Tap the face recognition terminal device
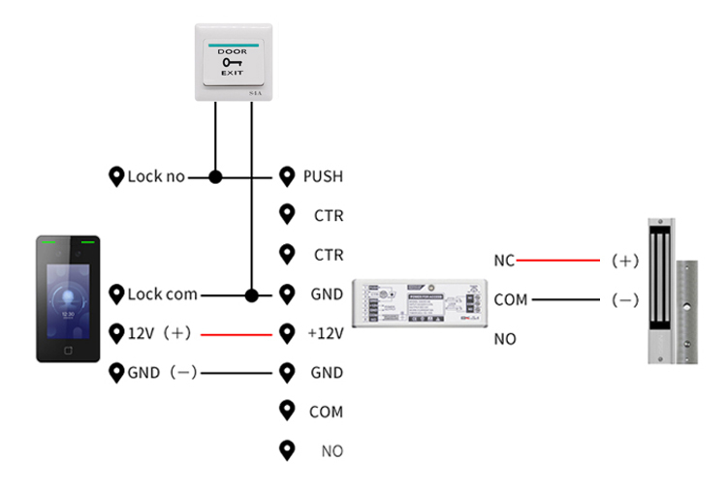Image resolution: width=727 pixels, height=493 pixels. [x=68, y=298]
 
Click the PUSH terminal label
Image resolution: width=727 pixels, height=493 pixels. [x=323, y=176]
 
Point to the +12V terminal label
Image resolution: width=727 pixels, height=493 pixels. [x=325, y=333]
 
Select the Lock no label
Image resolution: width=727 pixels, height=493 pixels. [x=156, y=177]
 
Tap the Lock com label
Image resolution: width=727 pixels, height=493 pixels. [x=162, y=294]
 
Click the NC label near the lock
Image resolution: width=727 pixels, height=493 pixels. [x=504, y=261]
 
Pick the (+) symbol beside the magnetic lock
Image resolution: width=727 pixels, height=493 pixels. [x=625, y=261]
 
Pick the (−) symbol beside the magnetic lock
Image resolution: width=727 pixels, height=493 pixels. [x=625, y=300]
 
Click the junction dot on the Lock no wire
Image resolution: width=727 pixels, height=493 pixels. [x=215, y=177]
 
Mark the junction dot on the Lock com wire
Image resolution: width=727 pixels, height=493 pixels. [x=252, y=294]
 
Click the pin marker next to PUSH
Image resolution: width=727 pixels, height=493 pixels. [x=286, y=176]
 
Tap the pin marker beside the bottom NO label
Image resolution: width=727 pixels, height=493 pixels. [x=286, y=449]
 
